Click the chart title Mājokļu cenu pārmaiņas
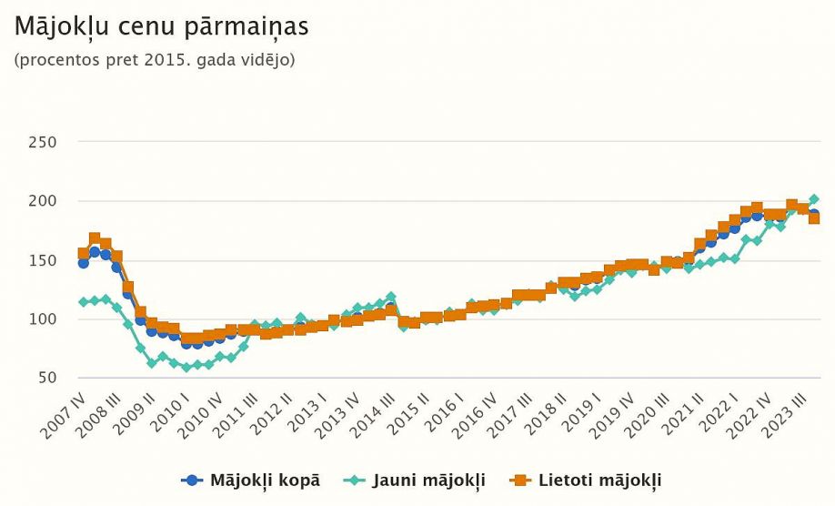pos(162,26)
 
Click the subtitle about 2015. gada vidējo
pos(155,60)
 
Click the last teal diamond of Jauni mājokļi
pos(814,198)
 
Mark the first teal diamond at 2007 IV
pos(84,301)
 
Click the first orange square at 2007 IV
pos(84,254)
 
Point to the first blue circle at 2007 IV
pos(84,263)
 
